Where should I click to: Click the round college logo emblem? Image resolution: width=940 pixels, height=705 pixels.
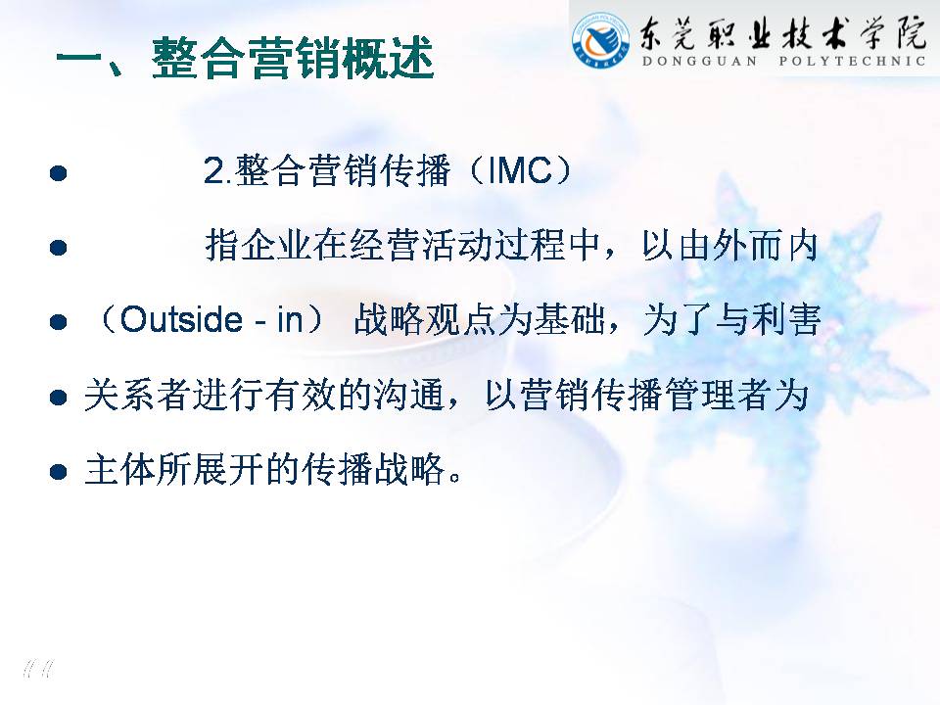coord(601,40)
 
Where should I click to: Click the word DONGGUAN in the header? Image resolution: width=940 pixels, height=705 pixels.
coord(699,61)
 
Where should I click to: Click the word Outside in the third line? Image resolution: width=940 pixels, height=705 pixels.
coord(181,319)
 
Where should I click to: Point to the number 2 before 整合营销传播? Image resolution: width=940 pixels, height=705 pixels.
coord(213,170)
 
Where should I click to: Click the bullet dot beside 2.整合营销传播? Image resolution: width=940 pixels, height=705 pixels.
coord(58,173)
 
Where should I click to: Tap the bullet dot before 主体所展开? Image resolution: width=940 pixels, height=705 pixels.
coord(58,471)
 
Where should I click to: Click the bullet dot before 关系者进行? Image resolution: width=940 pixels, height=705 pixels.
coord(58,397)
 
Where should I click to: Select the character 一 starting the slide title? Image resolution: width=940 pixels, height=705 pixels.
coord(79,60)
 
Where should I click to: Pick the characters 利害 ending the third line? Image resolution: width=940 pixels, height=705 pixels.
coord(786,319)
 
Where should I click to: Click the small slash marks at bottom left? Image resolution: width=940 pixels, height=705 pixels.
coord(38,668)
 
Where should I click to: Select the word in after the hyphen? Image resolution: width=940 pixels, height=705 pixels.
coord(289,319)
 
